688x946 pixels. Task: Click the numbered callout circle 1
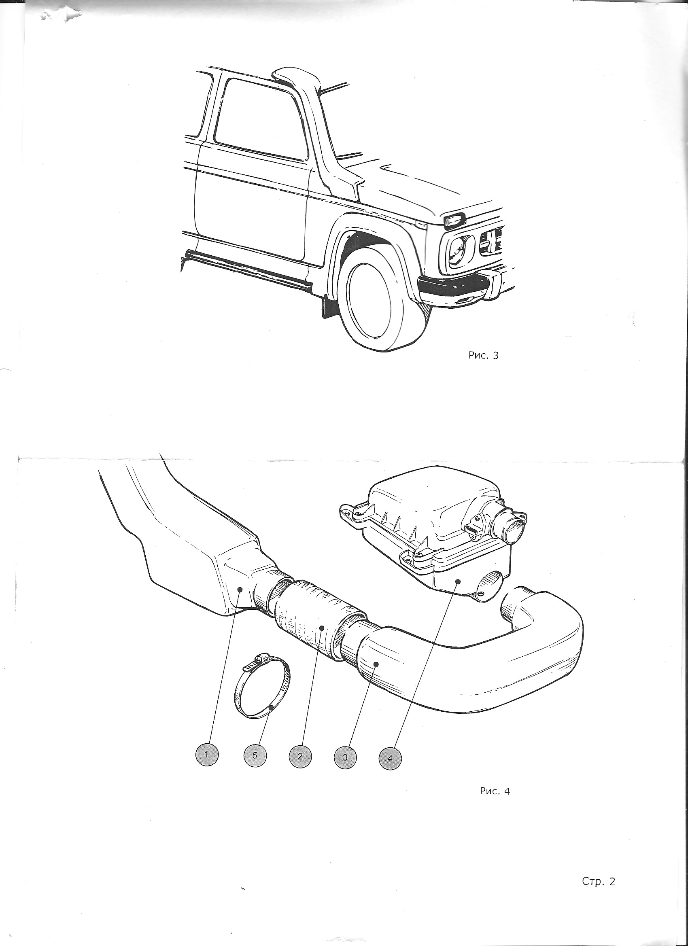pyautogui.click(x=207, y=756)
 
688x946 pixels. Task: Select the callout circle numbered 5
pyautogui.click(x=255, y=756)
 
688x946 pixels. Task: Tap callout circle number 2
pyautogui.click(x=300, y=756)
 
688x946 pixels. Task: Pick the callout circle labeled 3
pyautogui.click(x=346, y=756)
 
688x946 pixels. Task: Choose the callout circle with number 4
pyautogui.click(x=390, y=756)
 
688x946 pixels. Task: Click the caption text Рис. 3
pyautogui.click(x=484, y=356)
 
